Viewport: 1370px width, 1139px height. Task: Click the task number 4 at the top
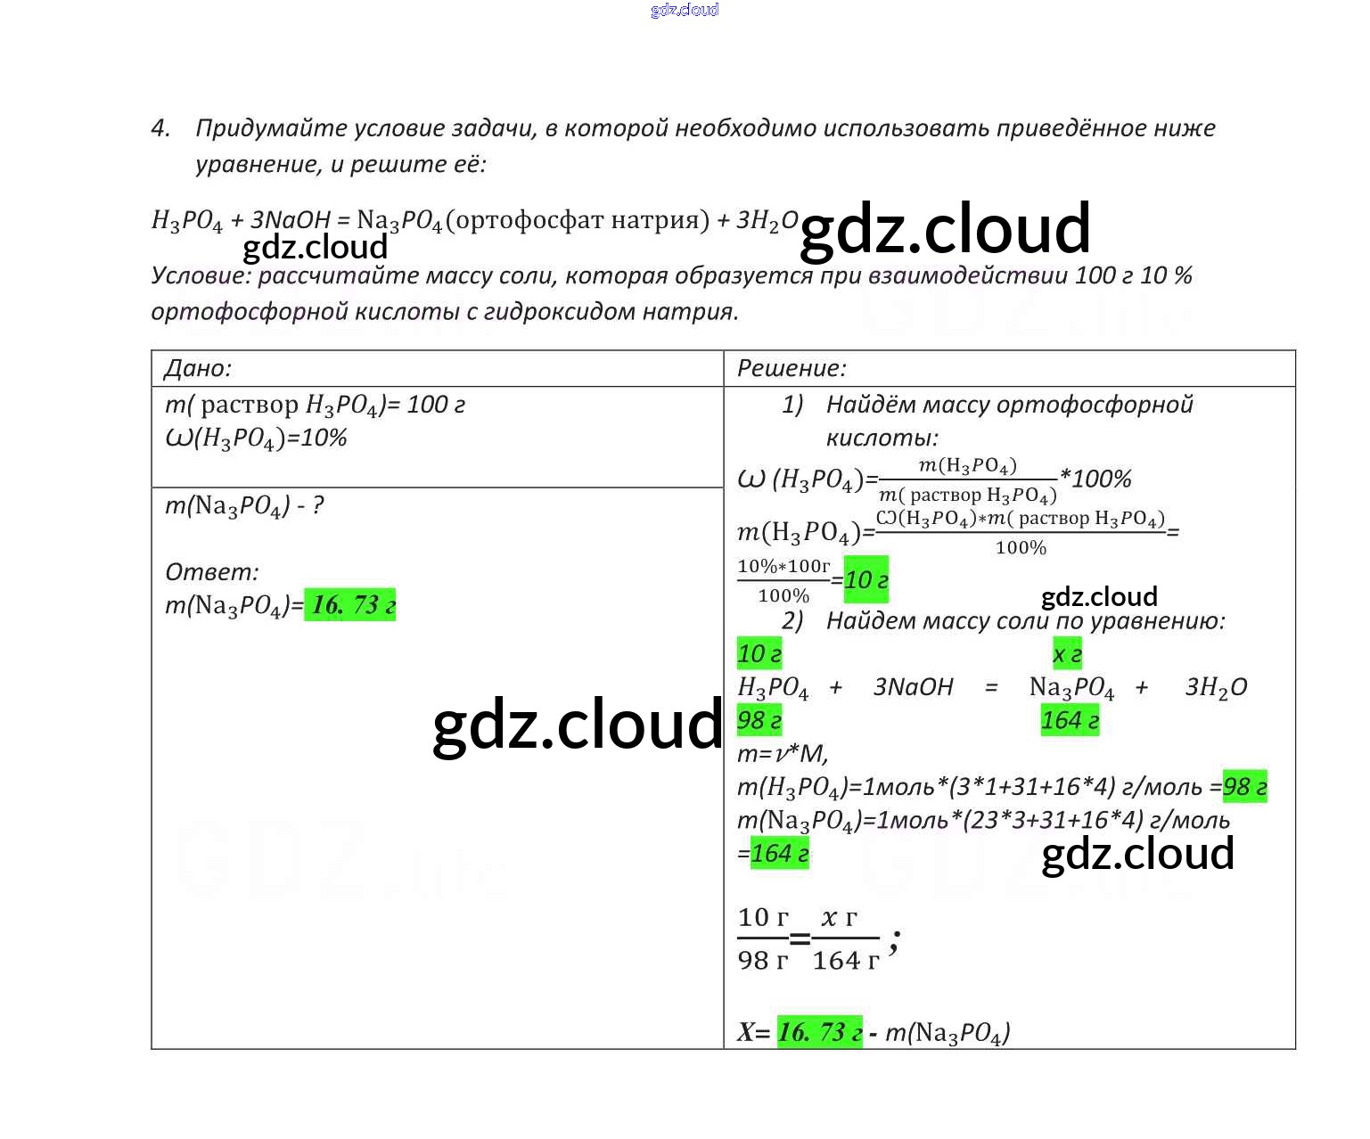tap(160, 128)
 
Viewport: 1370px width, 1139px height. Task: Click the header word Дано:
tap(198, 368)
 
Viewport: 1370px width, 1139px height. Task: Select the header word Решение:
tap(792, 368)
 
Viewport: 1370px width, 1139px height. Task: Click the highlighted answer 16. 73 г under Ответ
tap(350, 605)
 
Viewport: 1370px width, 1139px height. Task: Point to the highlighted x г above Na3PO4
tap(1067, 654)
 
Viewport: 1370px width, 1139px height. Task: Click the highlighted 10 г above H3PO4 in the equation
tap(759, 654)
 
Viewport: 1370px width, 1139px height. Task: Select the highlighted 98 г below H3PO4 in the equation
tap(759, 720)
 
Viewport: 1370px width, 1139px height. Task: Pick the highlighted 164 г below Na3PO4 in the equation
tap(1070, 720)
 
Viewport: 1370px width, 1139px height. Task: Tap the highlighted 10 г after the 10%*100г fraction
tap(866, 580)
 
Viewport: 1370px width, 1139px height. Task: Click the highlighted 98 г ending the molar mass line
tap(1244, 787)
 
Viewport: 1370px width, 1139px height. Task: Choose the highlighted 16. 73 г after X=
tap(819, 1032)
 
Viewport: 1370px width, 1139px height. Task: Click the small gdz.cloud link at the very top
tap(685, 10)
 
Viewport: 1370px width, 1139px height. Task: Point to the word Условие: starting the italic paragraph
tap(201, 275)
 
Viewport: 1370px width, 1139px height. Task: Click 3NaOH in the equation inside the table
tap(913, 687)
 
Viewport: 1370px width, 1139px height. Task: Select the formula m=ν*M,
tap(783, 754)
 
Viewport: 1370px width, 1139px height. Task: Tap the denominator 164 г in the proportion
tap(845, 961)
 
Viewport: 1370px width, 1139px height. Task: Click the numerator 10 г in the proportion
tap(763, 917)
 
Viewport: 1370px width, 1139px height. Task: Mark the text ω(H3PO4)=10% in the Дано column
tap(256, 438)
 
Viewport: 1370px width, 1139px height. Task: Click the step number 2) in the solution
tap(792, 620)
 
